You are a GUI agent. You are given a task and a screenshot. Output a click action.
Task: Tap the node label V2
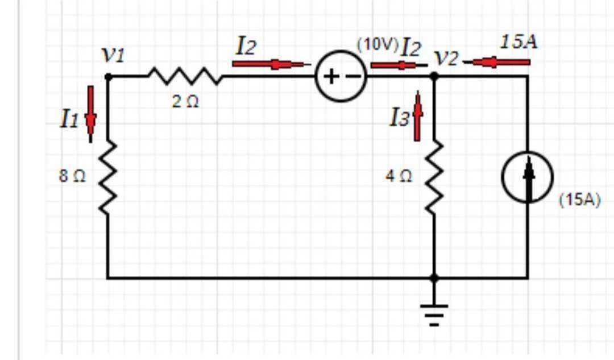tap(446, 59)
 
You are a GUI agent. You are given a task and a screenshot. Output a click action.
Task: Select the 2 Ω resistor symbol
tap(185, 76)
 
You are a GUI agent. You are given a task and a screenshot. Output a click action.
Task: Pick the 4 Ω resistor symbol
tap(435, 179)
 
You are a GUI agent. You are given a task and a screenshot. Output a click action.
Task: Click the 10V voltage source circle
tap(341, 76)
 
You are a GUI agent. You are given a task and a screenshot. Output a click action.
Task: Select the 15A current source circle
tap(528, 177)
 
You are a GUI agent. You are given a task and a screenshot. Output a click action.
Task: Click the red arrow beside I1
tap(91, 114)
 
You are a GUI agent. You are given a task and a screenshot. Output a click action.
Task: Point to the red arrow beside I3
tap(417, 116)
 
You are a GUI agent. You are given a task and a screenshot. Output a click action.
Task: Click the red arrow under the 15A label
tap(496, 62)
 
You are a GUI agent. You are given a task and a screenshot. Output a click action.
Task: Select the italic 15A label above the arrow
tap(519, 42)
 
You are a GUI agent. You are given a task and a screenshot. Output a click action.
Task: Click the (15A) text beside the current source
tap(579, 200)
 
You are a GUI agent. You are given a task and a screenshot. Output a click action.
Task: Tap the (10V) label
tap(377, 45)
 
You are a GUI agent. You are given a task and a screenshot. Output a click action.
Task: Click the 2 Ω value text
tap(185, 102)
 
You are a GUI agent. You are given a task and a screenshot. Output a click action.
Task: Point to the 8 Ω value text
tap(72, 176)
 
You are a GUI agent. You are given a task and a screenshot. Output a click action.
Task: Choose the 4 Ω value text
tap(399, 176)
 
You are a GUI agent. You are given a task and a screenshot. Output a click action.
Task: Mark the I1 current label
tap(70, 118)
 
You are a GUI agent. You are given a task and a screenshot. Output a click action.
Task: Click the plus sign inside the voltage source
tap(331, 76)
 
